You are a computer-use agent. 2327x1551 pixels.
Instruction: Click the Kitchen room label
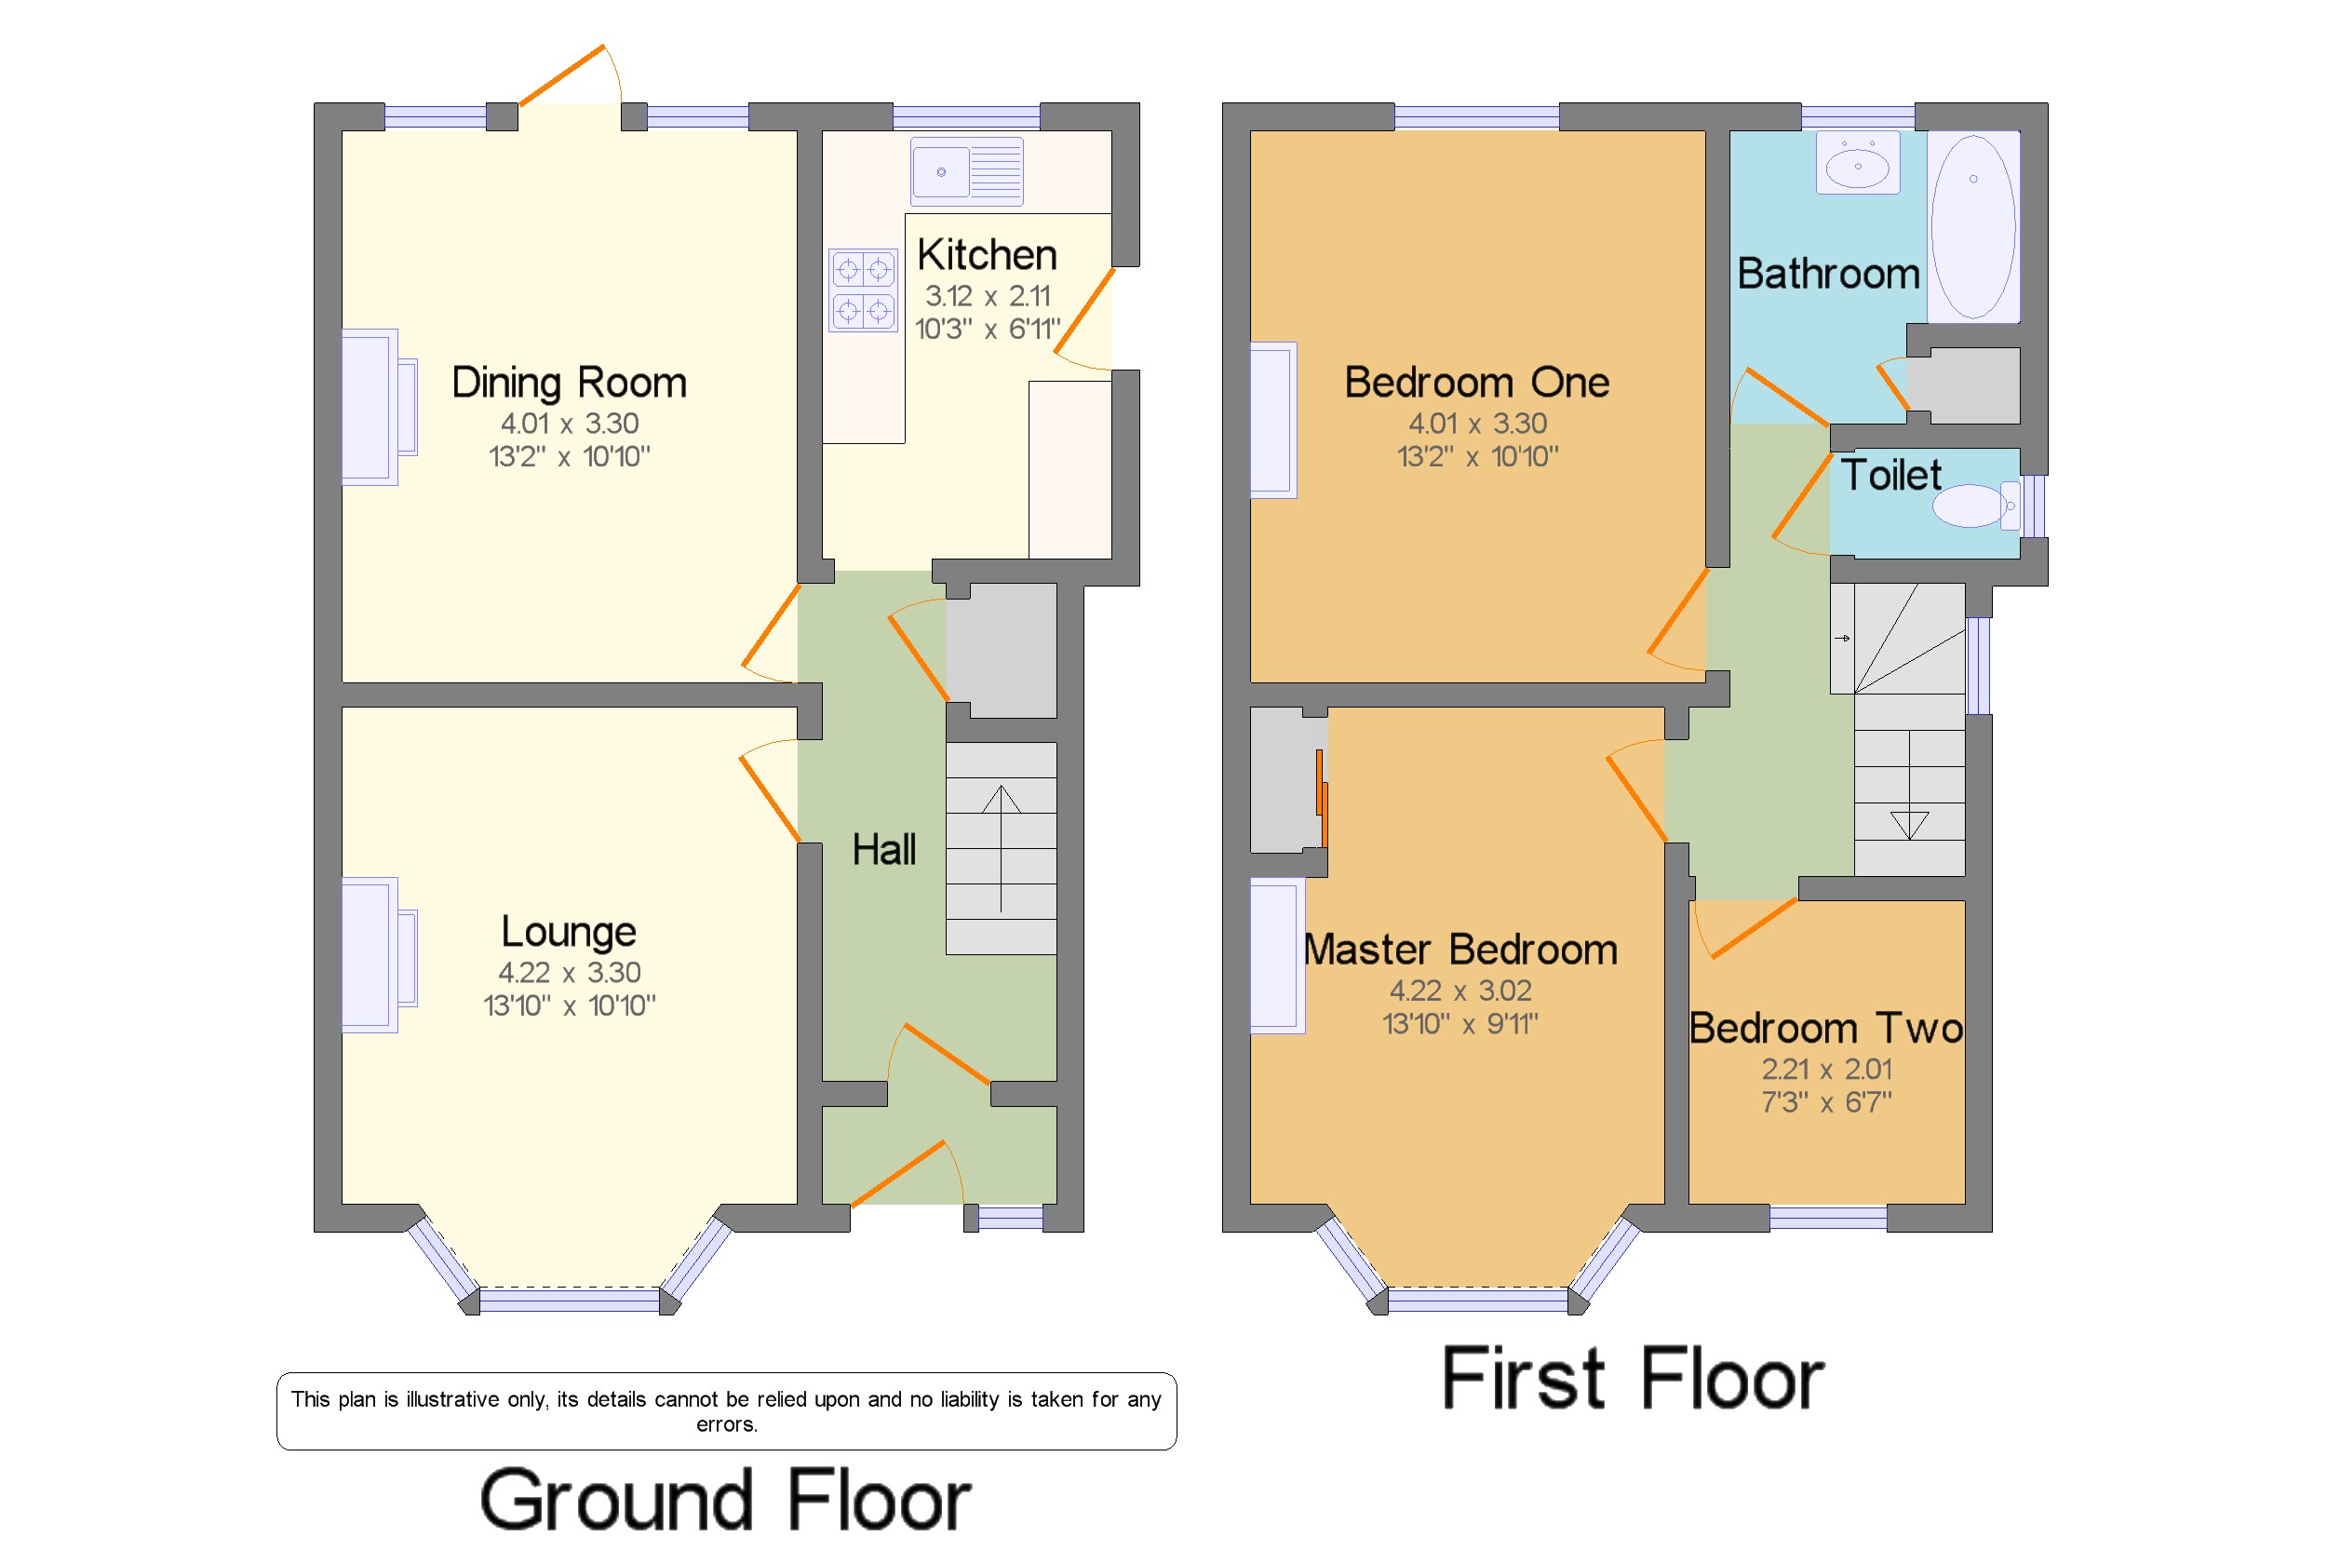tap(986, 255)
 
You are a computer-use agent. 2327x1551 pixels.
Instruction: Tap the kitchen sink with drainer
tap(966, 171)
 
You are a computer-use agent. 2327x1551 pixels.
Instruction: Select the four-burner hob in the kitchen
tap(862, 290)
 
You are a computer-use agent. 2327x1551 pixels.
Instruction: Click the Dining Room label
tap(569, 383)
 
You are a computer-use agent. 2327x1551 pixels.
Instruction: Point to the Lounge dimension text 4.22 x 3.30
tap(569, 972)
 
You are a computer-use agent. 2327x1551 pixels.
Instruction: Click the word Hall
tap(884, 850)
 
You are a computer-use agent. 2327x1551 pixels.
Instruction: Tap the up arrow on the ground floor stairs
tap(1001, 848)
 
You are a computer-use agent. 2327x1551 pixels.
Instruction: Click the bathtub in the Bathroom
tap(1973, 226)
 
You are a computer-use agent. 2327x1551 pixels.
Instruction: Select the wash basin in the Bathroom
tap(1857, 162)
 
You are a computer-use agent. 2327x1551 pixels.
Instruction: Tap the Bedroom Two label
tap(1825, 1029)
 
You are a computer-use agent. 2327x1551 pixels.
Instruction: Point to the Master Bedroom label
tap(1460, 950)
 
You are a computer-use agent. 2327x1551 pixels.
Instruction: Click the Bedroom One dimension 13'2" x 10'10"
tap(1477, 456)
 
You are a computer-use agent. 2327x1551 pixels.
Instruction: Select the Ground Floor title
tap(726, 1500)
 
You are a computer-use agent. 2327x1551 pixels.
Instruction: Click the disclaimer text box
tap(727, 1411)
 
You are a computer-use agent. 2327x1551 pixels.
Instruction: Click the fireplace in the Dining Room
tap(380, 407)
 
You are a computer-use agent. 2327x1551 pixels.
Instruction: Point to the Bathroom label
tap(1829, 274)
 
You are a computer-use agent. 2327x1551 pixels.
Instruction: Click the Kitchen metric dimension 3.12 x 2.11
tap(987, 296)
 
